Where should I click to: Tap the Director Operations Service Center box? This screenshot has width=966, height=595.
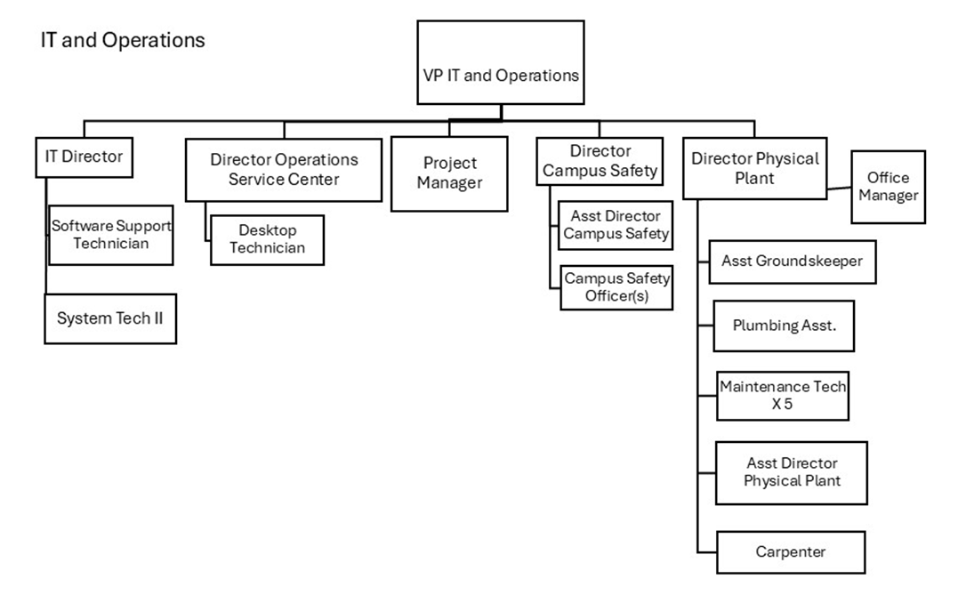[285, 169]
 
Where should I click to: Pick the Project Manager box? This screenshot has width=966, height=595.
[449, 173]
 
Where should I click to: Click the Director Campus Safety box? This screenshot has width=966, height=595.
[600, 161]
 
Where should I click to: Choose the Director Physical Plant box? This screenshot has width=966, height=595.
[754, 168]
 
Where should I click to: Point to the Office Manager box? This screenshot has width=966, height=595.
[888, 186]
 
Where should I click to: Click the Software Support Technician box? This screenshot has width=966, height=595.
[110, 234]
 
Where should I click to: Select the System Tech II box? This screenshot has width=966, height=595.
[110, 318]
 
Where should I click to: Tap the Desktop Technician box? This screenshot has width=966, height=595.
[267, 239]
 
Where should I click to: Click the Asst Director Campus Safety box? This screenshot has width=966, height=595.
[616, 225]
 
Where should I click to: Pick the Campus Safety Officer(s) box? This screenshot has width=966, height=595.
[616, 287]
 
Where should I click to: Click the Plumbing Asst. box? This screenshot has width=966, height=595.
[784, 326]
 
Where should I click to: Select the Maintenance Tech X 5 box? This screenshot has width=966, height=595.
[783, 396]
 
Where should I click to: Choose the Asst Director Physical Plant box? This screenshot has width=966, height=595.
[792, 472]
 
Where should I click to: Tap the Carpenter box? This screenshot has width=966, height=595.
[790, 551]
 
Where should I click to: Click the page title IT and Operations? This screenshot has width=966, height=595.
[123, 41]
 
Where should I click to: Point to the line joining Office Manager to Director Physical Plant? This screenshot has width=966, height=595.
[839, 188]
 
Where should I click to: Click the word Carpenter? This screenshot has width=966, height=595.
[790, 551]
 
